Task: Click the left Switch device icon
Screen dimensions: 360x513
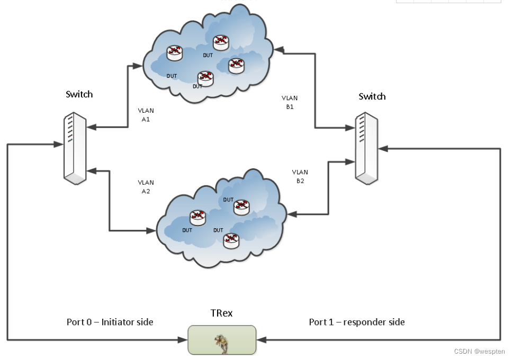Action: coord(74,148)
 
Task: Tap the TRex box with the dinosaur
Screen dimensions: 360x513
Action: coord(222,339)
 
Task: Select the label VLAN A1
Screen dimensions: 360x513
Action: coord(146,115)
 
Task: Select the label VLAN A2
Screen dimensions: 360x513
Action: coord(146,187)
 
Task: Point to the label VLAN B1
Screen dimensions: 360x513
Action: coord(290,102)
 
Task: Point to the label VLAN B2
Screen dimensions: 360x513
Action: coord(300,176)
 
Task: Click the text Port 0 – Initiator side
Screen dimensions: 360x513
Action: coord(110,322)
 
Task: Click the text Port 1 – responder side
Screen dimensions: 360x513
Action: coord(357,322)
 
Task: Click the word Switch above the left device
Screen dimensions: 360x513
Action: coord(79,94)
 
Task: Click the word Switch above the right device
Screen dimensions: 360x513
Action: coord(372,96)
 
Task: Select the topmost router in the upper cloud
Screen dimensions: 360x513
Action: coord(221,42)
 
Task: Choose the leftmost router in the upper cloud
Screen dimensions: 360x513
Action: coord(174,52)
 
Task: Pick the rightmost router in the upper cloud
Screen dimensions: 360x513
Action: coord(236,65)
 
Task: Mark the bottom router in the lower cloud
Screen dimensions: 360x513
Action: coord(231,241)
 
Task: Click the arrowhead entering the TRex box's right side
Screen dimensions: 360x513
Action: coord(260,339)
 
